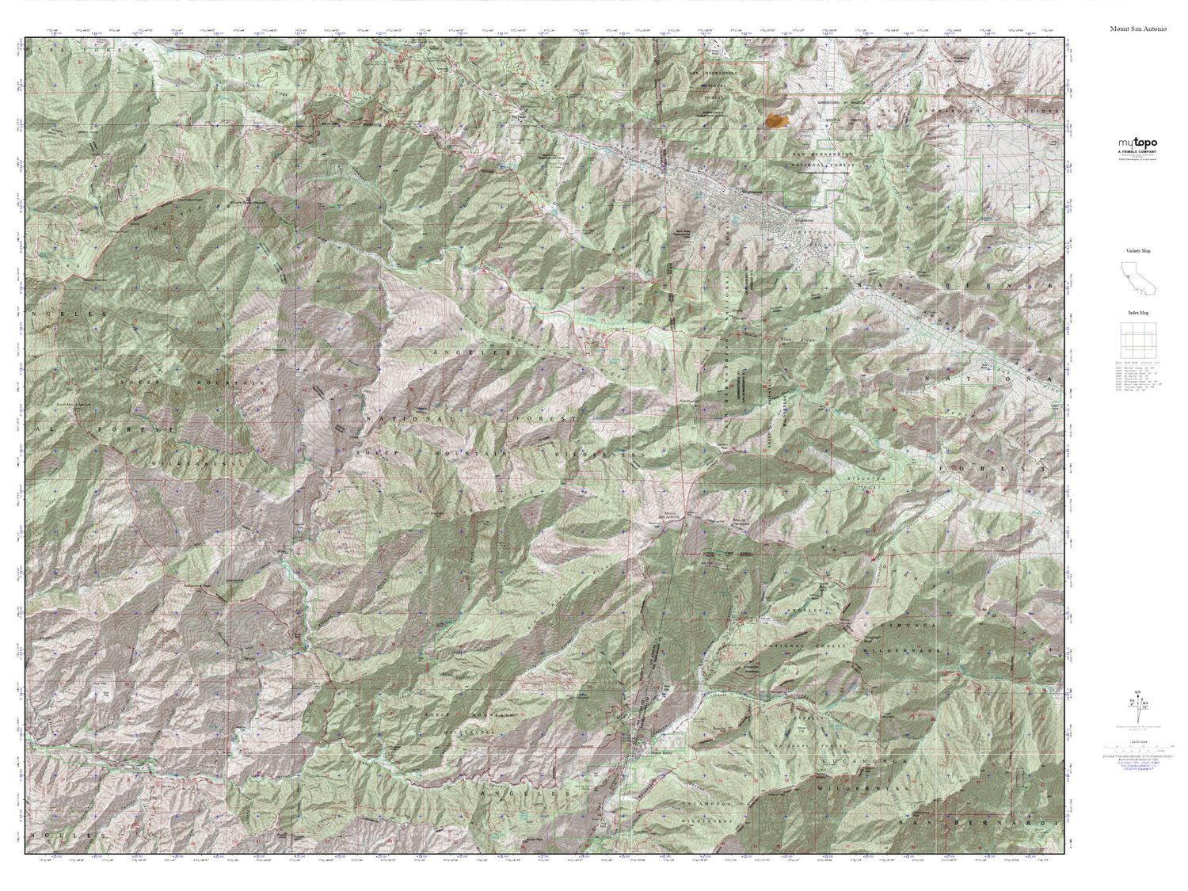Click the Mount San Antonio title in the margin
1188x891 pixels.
point(1138,29)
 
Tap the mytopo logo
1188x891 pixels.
point(1137,143)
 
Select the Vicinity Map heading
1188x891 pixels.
point(1137,250)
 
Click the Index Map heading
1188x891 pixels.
point(1137,313)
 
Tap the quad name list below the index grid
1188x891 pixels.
point(1137,377)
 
